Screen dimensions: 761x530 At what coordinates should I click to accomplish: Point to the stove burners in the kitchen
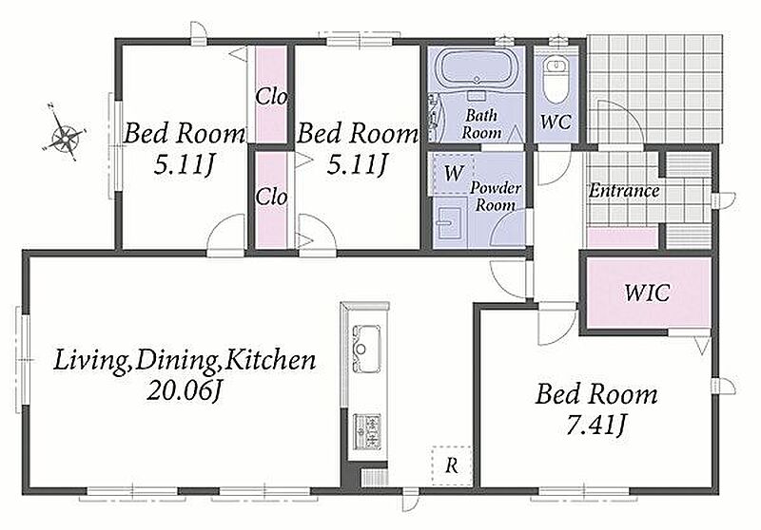pyautogui.click(x=366, y=430)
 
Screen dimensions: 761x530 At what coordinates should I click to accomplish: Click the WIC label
pyautogui.click(x=647, y=293)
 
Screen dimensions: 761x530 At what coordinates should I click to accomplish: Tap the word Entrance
pyautogui.click(x=624, y=190)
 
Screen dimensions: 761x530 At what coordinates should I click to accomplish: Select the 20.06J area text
pyautogui.click(x=184, y=390)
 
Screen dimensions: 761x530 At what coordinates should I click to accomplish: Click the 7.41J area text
pyautogui.click(x=596, y=425)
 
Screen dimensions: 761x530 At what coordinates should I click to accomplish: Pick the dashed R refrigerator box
pyautogui.click(x=452, y=465)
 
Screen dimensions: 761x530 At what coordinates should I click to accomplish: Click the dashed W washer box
pyautogui.click(x=454, y=174)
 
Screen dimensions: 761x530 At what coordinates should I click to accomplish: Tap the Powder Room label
pyautogui.click(x=495, y=197)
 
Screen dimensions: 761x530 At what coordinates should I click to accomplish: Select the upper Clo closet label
pyautogui.click(x=271, y=97)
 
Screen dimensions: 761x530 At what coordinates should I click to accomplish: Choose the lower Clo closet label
pyautogui.click(x=271, y=197)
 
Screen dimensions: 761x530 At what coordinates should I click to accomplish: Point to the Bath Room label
pyautogui.click(x=481, y=124)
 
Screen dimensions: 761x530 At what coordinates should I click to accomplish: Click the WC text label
pyautogui.click(x=556, y=122)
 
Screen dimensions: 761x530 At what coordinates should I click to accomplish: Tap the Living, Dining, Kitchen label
pyautogui.click(x=184, y=360)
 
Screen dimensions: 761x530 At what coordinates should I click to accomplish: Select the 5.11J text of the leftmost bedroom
pyautogui.click(x=184, y=165)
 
